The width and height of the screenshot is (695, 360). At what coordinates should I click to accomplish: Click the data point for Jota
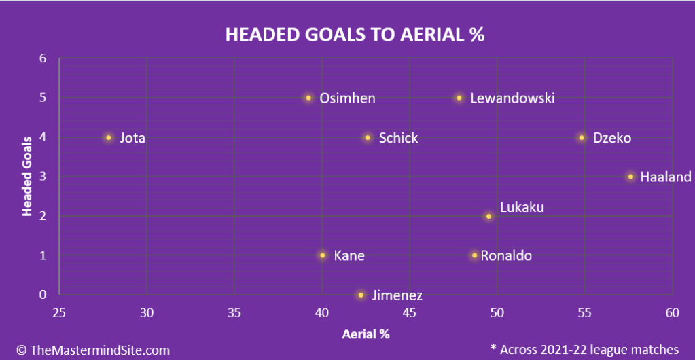(109, 137)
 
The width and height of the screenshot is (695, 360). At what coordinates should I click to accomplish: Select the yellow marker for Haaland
(630, 177)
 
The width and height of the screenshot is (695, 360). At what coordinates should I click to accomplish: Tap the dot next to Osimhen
(308, 98)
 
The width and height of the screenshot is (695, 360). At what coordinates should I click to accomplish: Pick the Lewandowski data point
(459, 98)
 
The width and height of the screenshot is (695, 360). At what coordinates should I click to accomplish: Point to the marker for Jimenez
(361, 295)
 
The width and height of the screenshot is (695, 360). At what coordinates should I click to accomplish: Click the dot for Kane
(322, 255)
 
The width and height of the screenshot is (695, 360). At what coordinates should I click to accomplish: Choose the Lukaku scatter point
(488, 217)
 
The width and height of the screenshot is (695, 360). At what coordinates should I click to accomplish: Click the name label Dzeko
(611, 138)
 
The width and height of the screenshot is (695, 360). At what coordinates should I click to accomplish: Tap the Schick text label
(398, 138)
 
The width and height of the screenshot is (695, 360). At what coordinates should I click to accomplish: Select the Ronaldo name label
(506, 256)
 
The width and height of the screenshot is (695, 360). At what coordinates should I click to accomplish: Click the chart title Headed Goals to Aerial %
(355, 35)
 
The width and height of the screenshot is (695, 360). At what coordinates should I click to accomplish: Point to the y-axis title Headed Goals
(27, 177)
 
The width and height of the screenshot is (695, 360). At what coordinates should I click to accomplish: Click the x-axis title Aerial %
(366, 334)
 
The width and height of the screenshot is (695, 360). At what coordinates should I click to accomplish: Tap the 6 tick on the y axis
(43, 58)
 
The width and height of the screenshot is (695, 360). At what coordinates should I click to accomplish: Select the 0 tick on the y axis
(43, 294)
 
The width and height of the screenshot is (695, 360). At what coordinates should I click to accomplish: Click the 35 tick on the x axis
(234, 312)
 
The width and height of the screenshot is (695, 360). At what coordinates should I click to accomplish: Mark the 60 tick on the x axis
(672, 312)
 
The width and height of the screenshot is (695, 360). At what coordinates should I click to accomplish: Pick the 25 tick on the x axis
(59, 312)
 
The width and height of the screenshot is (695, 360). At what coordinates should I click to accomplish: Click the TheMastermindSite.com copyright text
(93, 350)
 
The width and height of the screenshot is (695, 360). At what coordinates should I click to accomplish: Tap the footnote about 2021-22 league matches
(585, 349)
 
